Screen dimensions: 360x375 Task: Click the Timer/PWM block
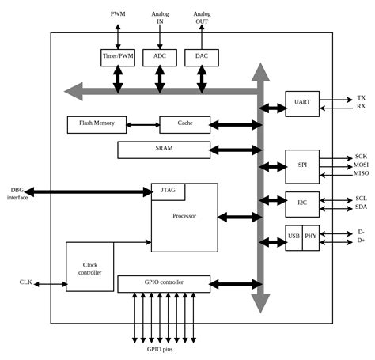(x=118, y=57)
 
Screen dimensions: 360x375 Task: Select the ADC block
(x=160, y=57)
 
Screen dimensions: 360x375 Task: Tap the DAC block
(x=201, y=57)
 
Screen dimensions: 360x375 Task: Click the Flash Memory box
(x=97, y=124)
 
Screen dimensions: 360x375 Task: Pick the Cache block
(x=185, y=124)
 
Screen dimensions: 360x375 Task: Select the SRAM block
(x=164, y=149)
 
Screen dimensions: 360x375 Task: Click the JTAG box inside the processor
(x=168, y=191)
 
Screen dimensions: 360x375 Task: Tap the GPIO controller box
(x=164, y=283)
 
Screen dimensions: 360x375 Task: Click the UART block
(x=301, y=103)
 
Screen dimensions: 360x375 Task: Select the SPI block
(x=301, y=166)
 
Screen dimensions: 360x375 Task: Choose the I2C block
(x=301, y=203)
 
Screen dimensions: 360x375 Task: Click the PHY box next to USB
(x=310, y=237)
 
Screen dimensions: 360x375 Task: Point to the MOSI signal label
(x=361, y=165)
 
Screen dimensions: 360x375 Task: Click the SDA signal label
(x=361, y=208)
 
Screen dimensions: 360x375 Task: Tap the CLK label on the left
(x=25, y=282)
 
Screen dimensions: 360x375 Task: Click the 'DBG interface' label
(x=17, y=194)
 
